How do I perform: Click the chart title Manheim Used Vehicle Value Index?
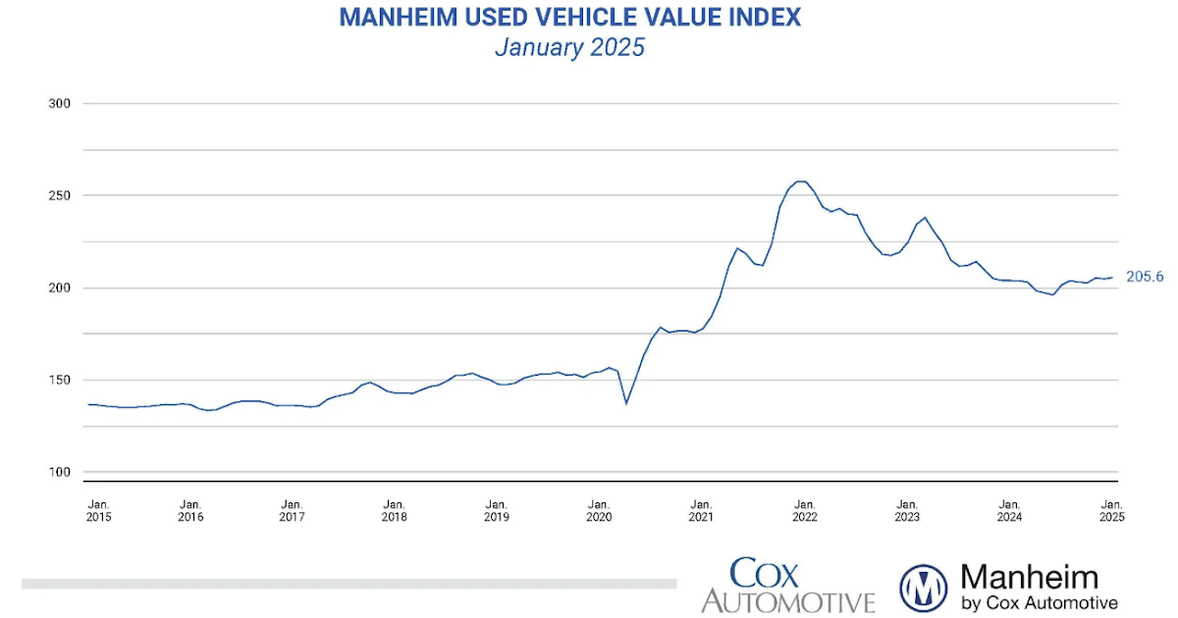[x=569, y=17]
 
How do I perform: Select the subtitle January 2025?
[x=569, y=47]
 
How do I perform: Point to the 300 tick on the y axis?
[x=61, y=104]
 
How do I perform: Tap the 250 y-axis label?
[x=61, y=196]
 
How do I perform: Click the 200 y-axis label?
[x=61, y=288]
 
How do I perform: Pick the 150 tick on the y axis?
[x=61, y=381]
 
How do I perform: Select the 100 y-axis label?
[x=61, y=473]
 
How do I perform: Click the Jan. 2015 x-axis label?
[x=98, y=509]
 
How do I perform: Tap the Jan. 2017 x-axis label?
[x=292, y=509]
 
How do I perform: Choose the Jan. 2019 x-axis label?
[x=497, y=509]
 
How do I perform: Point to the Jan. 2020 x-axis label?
[x=599, y=509]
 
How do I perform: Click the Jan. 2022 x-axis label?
[x=804, y=509]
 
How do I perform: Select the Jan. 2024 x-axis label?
[x=1009, y=509]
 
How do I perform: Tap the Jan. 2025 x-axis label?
[x=1110, y=509]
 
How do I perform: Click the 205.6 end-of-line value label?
[x=1144, y=278]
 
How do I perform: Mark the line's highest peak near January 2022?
[x=801, y=181]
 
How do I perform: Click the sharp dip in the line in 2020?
[x=626, y=402]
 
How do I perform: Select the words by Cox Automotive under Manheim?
[x=1039, y=602]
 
